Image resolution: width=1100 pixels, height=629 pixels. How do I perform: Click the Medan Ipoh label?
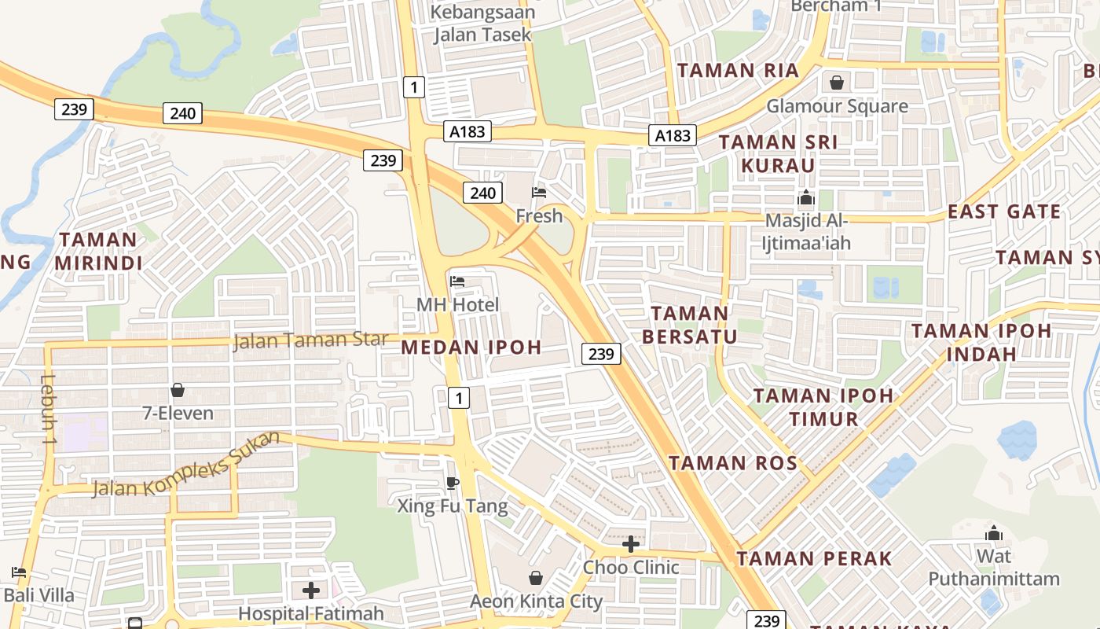coord(471,347)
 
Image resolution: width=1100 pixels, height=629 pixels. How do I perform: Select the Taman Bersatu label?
coord(690,325)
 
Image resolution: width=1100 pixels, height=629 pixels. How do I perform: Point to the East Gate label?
coord(1004,212)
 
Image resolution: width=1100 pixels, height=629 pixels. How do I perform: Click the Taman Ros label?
coord(733,462)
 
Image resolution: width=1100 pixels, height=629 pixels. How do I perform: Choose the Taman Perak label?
coord(814,559)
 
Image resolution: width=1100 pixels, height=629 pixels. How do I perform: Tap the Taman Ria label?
coord(738,70)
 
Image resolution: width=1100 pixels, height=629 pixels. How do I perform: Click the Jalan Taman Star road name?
coord(311,340)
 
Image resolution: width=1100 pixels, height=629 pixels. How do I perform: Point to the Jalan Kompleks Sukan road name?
coord(186,465)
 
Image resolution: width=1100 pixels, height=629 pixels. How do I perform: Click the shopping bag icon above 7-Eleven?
coord(178,390)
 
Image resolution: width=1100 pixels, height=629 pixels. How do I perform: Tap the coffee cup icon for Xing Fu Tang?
coord(452,482)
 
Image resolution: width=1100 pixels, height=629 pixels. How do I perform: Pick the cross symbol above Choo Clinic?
coord(630,544)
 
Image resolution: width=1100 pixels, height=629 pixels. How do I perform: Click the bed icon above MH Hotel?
coord(457,281)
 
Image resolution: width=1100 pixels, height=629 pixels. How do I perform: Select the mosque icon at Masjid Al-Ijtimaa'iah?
coord(806,198)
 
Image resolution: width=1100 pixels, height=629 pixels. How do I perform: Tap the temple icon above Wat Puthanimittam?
coord(994,534)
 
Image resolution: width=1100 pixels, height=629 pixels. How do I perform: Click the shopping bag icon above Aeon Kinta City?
coord(536,579)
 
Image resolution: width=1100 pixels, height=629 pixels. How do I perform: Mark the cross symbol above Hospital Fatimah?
coord(311,590)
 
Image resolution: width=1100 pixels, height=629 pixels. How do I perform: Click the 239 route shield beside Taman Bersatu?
coord(601,354)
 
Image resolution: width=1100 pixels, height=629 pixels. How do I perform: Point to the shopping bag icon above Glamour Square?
coord(837,83)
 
